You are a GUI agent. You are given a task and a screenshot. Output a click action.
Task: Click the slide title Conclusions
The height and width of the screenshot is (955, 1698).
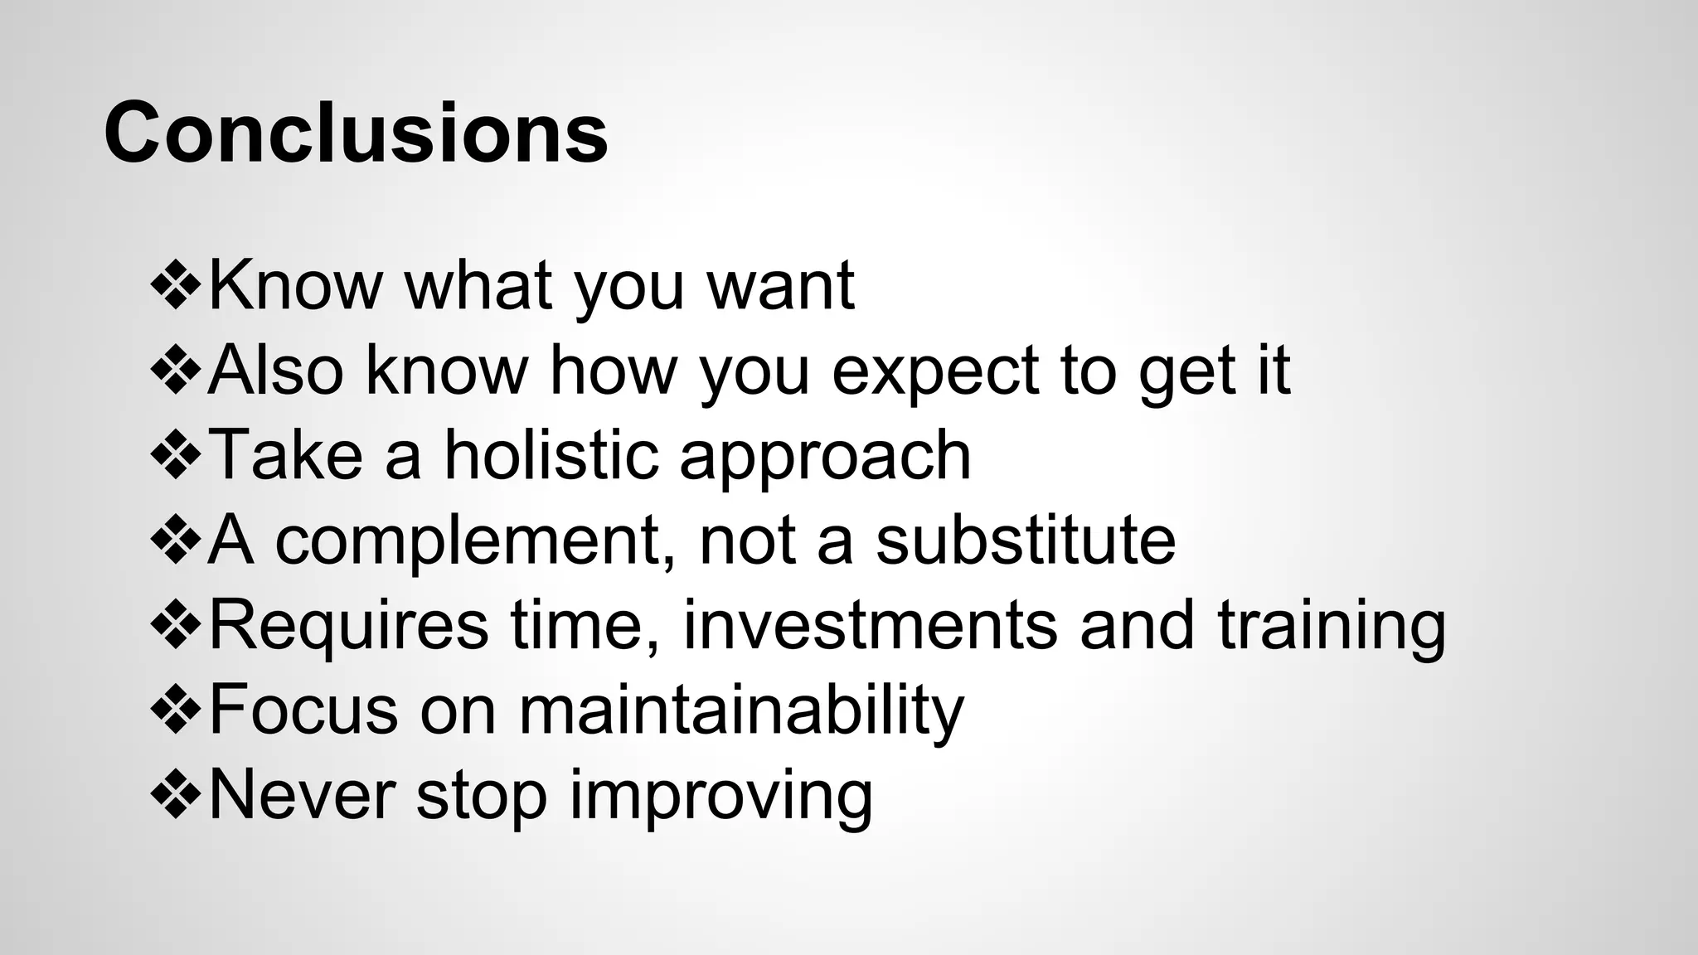click(x=357, y=133)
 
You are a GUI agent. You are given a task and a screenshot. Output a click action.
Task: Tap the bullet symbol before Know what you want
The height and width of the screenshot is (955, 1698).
click(x=176, y=286)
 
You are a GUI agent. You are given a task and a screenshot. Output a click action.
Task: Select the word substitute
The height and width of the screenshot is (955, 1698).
click(x=1026, y=541)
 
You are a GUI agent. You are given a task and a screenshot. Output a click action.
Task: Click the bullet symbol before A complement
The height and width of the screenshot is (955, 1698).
click(x=176, y=541)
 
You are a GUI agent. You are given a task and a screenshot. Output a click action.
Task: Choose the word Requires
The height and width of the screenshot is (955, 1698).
click(x=348, y=626)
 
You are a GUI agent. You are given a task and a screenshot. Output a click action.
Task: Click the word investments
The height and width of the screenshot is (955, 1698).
click(x=870, y=625)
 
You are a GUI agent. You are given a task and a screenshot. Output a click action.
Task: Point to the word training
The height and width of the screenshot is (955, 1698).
click(x=1332, y=627)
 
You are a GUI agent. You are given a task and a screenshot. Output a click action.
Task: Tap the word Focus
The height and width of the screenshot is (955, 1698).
click(x=303, y=710)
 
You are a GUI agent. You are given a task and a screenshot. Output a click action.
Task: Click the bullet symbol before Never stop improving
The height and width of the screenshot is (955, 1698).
click(x=176, y=796)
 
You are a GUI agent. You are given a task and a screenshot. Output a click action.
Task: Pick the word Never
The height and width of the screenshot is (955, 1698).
click(x=302, y=796)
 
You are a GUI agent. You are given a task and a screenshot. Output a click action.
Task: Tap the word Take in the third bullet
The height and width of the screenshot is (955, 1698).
click(x=285, y=455)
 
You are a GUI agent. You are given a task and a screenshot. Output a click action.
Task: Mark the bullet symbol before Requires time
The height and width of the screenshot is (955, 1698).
click(x=176, y=626)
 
